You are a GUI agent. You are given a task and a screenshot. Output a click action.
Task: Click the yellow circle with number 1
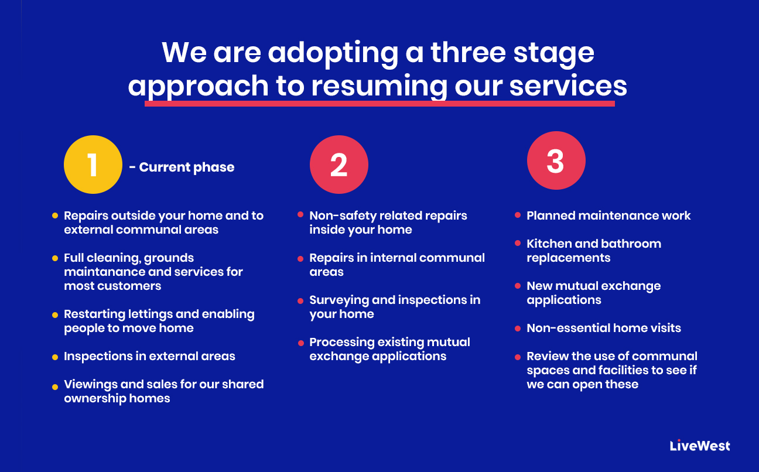click(93, 165)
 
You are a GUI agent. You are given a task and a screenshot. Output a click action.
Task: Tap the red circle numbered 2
click(339, 165)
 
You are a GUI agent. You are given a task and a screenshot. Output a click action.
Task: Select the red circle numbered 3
click(556, 161)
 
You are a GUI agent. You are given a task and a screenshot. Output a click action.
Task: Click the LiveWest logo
click(700, 446)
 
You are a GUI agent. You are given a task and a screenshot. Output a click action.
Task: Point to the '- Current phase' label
click(182, 167)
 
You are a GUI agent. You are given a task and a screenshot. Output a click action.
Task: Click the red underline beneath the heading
click(379, 104)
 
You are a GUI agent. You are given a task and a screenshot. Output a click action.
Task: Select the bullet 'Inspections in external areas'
click(149, 356)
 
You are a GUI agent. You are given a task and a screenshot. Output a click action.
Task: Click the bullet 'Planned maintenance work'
click(608, 216)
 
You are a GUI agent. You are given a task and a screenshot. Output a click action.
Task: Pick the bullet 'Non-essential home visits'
click(604, 328)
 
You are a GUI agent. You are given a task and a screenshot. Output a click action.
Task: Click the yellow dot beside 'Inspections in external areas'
click(55, 357)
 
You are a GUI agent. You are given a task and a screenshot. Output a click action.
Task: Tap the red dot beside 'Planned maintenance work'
click(518, 216)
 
